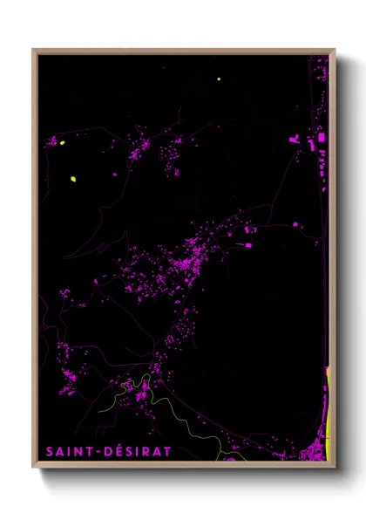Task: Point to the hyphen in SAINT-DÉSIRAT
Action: (x=100, y=452)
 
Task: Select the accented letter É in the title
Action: (x=119, y=452)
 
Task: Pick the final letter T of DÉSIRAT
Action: (x=168, y=452)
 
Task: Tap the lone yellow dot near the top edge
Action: (x=219, y=79)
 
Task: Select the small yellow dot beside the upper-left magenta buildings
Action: (x=63, y=142)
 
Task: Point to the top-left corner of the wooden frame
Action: (x=34, y=50)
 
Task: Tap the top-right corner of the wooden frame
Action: (x=334, y=50)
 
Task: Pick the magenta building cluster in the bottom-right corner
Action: (x=312, y=452)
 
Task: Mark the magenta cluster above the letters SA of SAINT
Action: (x=65, y=380)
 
